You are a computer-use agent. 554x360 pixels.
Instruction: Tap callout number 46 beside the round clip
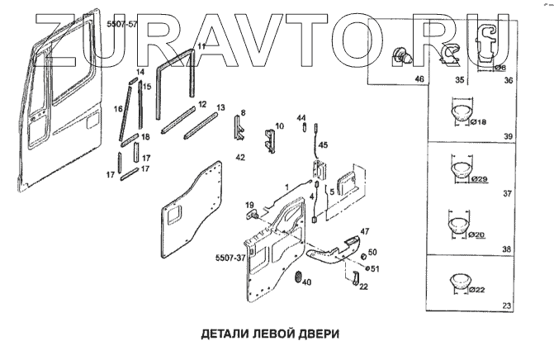(419, 79)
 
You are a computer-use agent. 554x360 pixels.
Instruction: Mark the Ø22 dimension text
(479, 289)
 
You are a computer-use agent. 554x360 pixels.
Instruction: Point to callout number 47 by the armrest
(365, 231)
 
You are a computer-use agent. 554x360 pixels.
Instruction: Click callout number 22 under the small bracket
(362, 287)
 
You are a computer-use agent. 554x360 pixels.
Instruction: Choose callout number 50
(372, 252)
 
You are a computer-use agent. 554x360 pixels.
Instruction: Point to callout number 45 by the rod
(323, 144)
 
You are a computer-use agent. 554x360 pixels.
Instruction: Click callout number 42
(240, 155)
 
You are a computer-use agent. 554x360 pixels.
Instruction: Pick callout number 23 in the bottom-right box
(506, 307)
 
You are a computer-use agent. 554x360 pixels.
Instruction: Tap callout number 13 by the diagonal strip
(220, 108)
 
